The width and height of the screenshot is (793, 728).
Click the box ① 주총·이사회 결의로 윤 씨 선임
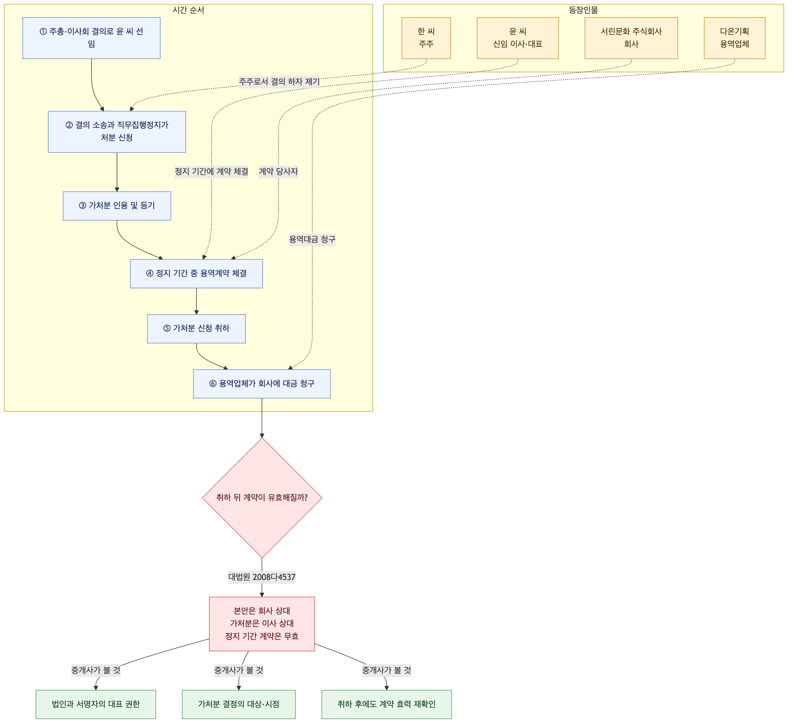[91, 38]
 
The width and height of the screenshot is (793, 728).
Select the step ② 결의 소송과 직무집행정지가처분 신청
[117, 132]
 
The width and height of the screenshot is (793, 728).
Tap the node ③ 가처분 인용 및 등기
[117, 206]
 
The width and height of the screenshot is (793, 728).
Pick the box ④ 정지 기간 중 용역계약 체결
[196, 274]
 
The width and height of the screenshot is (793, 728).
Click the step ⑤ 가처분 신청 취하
[196, 329]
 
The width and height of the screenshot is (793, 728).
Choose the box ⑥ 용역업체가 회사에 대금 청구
[262, 384]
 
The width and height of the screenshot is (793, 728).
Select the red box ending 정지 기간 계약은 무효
[262, 624]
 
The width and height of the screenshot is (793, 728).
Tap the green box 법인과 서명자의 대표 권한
[96, 704]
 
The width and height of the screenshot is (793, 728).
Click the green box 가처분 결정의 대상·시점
[238, 704]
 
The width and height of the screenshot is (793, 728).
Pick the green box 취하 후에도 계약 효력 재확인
[386, 704]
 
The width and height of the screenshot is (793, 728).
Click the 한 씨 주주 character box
[426, 38]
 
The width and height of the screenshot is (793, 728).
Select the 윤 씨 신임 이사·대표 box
[518, 38]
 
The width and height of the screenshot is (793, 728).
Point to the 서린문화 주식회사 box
[631, 38]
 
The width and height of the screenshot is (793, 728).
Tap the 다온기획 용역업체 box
[734, 38]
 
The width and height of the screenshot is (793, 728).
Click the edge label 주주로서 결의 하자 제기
[279, 82]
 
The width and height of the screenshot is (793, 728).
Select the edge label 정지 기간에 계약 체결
[211, 172]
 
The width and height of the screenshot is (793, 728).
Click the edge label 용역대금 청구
[312, 240]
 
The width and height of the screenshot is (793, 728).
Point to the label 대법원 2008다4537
[262, 578]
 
